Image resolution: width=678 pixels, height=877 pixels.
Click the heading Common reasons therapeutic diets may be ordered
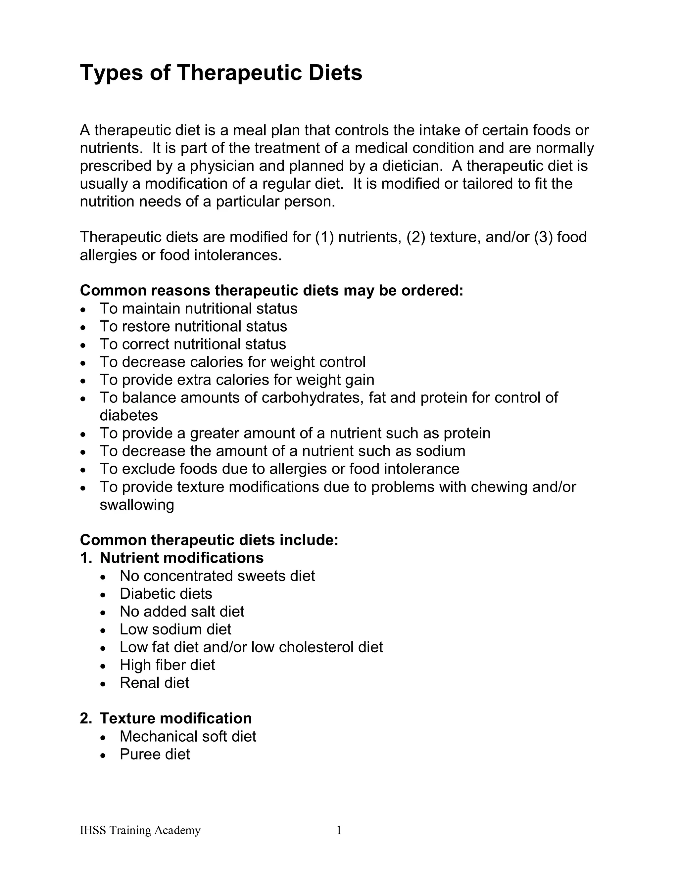[271, 290]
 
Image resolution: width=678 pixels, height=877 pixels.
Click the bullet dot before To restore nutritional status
[83, 328]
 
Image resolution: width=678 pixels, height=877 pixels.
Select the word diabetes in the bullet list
[128, 415]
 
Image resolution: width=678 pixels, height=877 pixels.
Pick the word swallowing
[137, 505]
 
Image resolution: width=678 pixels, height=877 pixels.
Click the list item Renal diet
[154, 683]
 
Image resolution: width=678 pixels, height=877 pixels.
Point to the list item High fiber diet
[167, 665]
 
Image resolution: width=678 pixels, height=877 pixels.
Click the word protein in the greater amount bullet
[467, 433]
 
